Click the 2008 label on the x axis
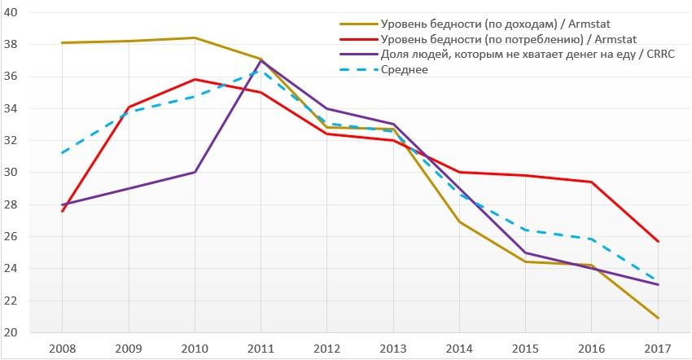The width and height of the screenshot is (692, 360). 62,349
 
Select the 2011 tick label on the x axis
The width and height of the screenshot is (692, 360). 261,349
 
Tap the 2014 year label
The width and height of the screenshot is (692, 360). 460,349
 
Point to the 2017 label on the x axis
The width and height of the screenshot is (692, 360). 659,349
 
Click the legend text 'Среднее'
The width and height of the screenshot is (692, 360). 405,69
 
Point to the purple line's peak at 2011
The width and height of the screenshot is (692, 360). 261,60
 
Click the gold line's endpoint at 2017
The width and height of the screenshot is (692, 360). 659,318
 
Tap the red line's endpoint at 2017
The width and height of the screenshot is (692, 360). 659,242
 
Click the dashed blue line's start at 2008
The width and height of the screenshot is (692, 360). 62,153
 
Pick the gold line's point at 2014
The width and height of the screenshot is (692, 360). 460,222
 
